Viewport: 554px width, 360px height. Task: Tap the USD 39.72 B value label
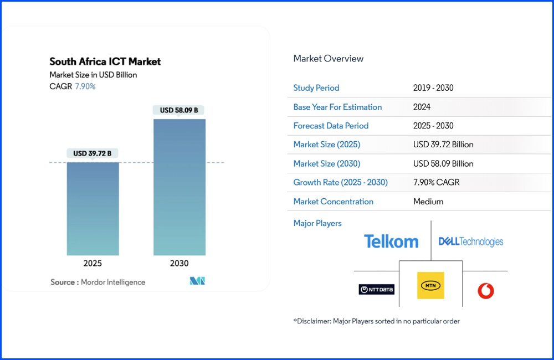93,153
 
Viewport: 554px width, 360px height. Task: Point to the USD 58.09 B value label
179,110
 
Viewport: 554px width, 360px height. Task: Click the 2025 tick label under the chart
93,264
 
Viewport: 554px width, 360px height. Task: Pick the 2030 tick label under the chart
179,264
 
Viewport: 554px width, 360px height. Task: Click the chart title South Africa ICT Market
105,61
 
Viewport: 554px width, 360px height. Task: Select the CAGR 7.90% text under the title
73,86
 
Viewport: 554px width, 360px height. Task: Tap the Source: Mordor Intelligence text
98,282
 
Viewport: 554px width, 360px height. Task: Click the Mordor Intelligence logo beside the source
197,281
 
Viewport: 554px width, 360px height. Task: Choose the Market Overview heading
329,59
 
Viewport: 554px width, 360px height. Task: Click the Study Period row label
316,88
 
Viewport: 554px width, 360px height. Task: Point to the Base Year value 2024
422,107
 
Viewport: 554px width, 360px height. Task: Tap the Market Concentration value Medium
428,202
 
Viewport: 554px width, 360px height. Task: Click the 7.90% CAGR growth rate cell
437,182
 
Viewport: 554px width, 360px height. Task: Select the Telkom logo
391,241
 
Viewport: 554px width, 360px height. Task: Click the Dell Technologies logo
471,241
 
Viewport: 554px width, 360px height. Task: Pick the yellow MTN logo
430,285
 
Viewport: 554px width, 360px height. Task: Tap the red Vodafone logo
486,290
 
